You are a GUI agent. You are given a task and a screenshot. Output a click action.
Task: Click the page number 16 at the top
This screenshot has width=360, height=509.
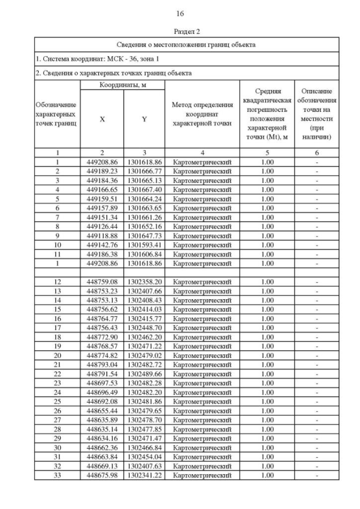click(180, 13)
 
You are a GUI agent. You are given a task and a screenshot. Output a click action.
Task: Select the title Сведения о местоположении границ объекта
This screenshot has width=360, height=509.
click(186, 44)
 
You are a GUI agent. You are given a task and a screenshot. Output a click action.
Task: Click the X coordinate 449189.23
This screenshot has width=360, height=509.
click(102, 171)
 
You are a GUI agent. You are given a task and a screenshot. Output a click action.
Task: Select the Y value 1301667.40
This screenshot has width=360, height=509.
click(145, 190)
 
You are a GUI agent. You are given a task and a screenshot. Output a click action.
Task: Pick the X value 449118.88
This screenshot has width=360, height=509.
click(102, 236)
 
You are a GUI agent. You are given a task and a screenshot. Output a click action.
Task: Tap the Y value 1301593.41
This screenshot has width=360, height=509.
click(145, 245)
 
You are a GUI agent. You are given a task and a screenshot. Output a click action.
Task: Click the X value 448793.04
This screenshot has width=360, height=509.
click(102, 364)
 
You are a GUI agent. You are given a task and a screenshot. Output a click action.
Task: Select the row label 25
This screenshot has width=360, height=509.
click(57, 402)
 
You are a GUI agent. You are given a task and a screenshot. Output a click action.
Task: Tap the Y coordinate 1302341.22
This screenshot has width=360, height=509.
click(145, 475)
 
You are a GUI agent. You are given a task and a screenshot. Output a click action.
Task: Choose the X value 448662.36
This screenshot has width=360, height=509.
click(102, 448)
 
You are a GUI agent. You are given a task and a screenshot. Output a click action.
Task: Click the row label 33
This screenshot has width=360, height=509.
click(57, 475)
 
